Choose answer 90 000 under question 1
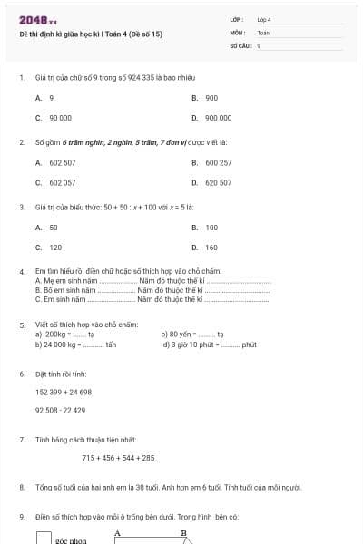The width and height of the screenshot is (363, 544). tap(60, 118)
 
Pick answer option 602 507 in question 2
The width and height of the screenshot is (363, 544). tap(62, 162)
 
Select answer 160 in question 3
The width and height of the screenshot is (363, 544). tap(211, 248)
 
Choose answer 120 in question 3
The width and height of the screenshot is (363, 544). tap(55, 248)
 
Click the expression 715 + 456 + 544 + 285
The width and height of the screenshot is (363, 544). tap(118, 458)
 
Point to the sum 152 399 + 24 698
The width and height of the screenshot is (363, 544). tap(64, 392)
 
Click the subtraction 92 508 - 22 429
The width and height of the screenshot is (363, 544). tap(61, 410)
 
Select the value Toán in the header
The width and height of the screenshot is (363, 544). tap(263, 32)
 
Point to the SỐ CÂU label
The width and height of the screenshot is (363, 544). tap(240, 44)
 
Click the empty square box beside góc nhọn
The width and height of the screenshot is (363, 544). tap(44, 538)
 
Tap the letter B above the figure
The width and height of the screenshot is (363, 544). tap(183, 532)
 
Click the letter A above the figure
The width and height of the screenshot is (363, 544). tap(117, 532)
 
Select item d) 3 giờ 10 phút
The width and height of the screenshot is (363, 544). tap(210, 345)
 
